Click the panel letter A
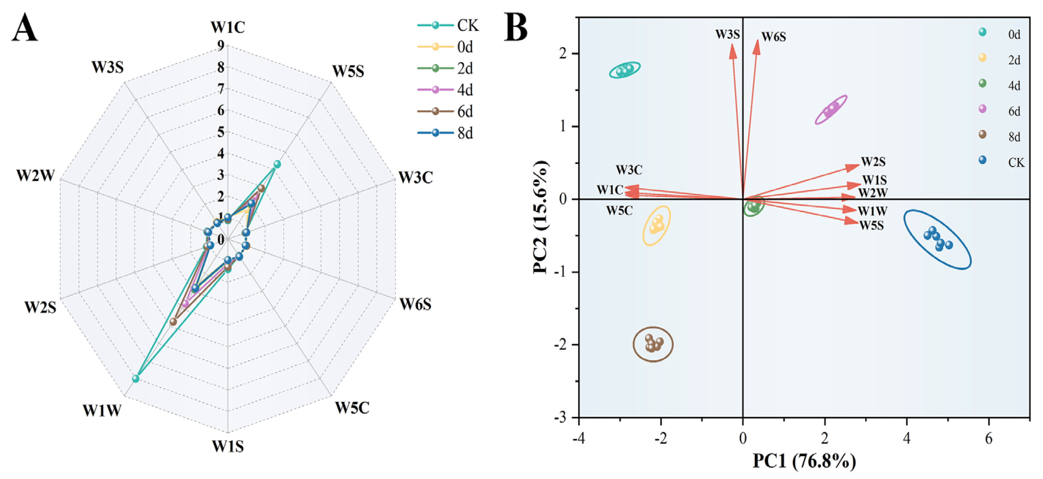[25, 27]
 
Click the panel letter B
[516, 27]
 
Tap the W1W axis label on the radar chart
[102, 411]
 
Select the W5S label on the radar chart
[348, 71]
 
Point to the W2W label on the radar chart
[36, 176]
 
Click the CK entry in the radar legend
[467, 25]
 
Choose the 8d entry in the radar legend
[465, 133]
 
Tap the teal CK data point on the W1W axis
[136, 379]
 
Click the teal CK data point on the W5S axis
[277, 164]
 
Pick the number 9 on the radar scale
[221, 45]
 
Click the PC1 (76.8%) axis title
[804, 461]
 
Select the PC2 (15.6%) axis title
[540, 217]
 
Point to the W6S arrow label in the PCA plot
[774, 37]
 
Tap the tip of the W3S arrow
[732, 45]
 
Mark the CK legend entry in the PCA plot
[1016, 162]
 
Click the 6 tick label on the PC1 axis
[989, 439]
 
